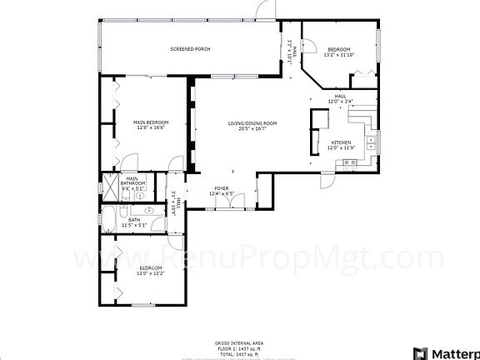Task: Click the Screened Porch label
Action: tap(190, 49)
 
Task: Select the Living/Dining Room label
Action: tap(252, 123)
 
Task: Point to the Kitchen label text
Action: tap(342, 142)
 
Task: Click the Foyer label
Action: tap(222, 189)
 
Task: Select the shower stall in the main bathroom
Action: tap(109, 186)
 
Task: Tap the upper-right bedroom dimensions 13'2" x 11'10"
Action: tap(339, 55)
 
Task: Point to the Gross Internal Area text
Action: tap(239, 343)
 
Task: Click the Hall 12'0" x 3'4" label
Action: tap(340, 99)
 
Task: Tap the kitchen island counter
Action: tap(316, 132)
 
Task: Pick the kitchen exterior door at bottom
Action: tap(327, 178)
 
